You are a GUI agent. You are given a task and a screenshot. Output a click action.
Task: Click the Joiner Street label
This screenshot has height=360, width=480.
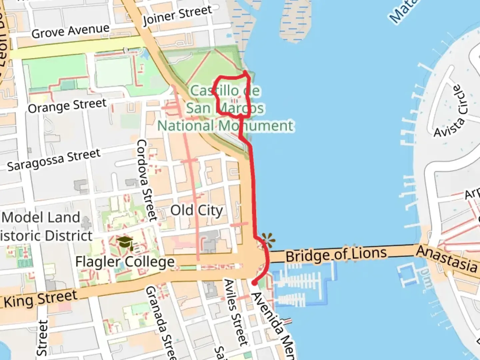tap(177, 15)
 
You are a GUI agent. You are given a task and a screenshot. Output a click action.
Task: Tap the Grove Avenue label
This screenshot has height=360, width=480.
tap(70, 31)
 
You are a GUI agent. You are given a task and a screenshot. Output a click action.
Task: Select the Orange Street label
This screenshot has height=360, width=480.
tap(67, 106)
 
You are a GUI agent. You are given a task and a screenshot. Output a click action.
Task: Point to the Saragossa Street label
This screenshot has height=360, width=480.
tap(54, 160)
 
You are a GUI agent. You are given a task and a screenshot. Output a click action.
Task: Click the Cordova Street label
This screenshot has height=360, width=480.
tap(147, 180)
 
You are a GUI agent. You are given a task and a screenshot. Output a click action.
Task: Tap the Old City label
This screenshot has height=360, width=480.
tap(196, 211)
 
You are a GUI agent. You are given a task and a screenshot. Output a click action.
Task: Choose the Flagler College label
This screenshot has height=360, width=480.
tap(125, 262)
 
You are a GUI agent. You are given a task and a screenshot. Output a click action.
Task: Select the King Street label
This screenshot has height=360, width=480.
tap(40, 299)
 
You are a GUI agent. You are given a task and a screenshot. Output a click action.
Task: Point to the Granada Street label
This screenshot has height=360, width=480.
tap(161, 322)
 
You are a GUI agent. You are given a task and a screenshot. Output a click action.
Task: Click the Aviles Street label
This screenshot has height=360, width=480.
tap(236, 312)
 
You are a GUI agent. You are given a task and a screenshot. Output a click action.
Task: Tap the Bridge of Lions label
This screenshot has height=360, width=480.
tap(336, 255)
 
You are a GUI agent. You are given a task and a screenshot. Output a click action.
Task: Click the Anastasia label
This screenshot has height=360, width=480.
tap(447, 259)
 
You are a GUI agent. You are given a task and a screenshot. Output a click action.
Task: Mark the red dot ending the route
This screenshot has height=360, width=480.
tap(254, 283)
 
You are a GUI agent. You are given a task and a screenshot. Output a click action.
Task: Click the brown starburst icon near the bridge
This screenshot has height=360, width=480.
tap(268, 240)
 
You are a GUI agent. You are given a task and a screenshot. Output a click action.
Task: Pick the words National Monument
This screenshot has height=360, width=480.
tap(225, 126)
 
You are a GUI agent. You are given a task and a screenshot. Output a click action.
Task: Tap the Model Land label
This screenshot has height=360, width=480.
tap(41, 217)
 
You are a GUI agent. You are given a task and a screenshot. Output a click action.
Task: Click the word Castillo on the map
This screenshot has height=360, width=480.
tap(215, 90)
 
